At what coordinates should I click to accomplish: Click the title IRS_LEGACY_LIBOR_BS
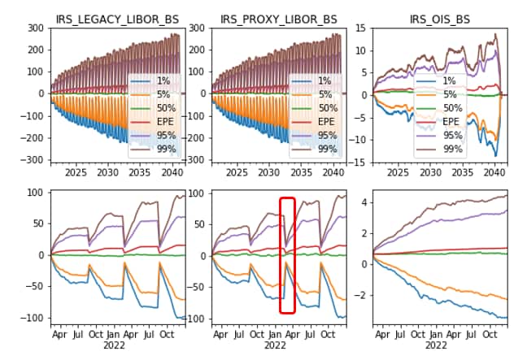coord(115,19)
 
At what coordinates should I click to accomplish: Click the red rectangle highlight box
coord(286,254)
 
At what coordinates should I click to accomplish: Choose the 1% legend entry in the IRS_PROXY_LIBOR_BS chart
coord(325,81)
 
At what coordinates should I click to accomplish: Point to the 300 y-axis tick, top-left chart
coord(34,28)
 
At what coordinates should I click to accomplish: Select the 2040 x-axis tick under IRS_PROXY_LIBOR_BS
coord(331,172)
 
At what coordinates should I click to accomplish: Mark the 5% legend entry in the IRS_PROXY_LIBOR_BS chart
coord(325,95)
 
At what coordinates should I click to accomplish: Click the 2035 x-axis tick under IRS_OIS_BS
coord(462,172)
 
